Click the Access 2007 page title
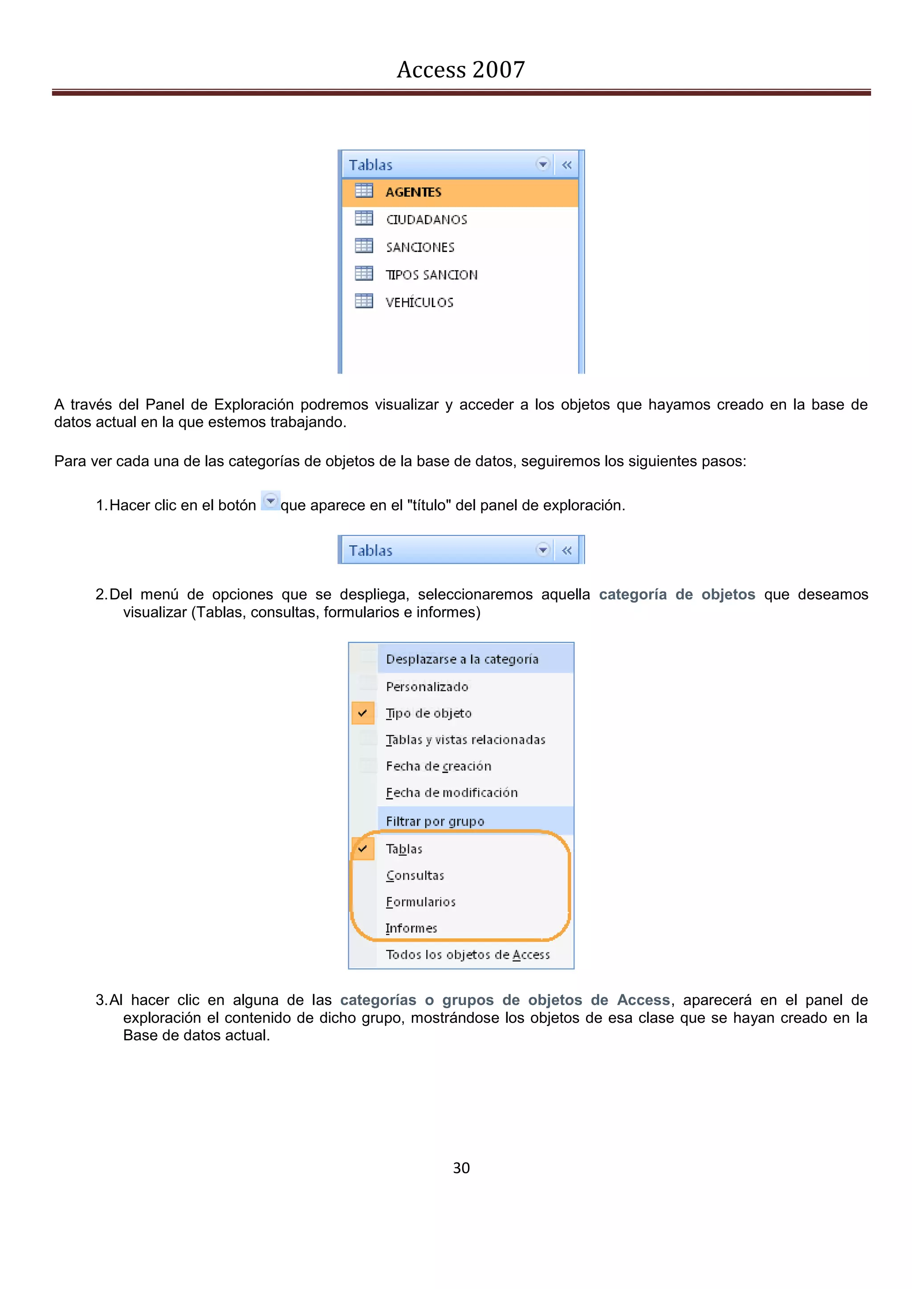coord(460,69)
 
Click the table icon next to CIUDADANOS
coord(364,219)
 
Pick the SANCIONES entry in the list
coord(420,247)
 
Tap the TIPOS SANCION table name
coord(432,275)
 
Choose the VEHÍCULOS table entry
coord(419,302)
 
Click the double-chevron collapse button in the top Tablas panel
coord(566,165)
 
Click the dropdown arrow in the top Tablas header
coord(542,165)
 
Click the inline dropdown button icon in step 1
coord(271,500)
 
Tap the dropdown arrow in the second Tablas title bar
coord(542,550)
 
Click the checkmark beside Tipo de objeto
coord(363,713)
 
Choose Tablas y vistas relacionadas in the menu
coord(465,739)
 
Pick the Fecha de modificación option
coord(452,792)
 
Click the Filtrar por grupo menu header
coord(435,821)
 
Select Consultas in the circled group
coord(415,875)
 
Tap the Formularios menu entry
coord(421,902)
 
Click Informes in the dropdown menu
coord(411,928)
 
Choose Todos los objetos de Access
coord(467,954)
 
